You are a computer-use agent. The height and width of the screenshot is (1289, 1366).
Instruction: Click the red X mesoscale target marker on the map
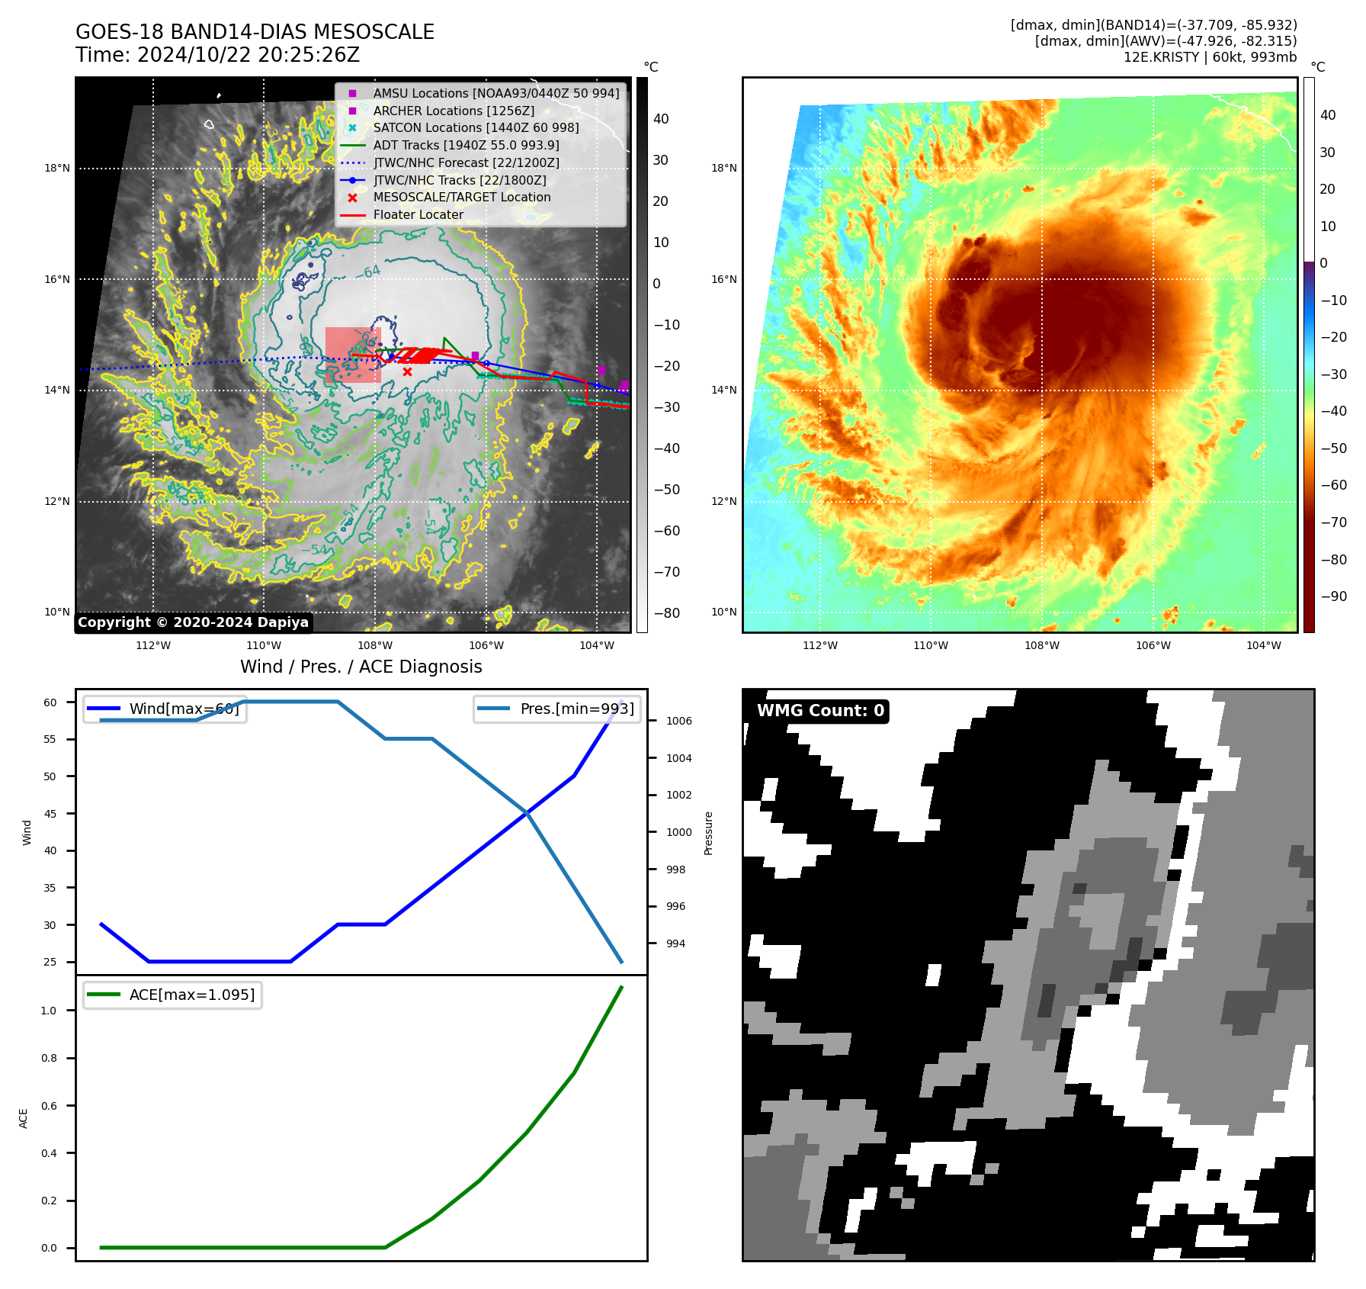click(x=407, y=372)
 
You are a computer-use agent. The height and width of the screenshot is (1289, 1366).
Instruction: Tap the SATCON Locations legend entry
click(x=476, y=127)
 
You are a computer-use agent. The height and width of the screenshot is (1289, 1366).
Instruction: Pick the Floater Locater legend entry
click(x=418, y=214)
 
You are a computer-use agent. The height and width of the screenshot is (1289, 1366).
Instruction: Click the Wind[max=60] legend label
click(x=184, y=709)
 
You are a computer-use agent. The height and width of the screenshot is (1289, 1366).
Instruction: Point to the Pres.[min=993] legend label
click(x=576, y=709)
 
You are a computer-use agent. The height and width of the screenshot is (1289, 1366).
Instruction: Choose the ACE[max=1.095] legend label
click(x=191, y=995)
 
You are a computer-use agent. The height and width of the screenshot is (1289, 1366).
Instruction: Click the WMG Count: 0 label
click(x=820, y=711)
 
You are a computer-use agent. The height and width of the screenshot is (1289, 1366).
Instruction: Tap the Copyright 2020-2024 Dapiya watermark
click(x=193, y=622)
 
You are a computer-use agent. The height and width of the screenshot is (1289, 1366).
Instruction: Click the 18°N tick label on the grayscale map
click(x=57, y=168)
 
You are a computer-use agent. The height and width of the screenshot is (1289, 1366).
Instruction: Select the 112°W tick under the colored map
click(x=820, y=645)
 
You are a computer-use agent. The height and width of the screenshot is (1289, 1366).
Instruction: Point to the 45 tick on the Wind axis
click(x=50, y=813)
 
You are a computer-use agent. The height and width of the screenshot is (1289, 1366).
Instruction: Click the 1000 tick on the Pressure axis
click(x=678, y=832)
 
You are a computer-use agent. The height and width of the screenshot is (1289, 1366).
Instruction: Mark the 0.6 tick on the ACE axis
click(x=49, y=1106)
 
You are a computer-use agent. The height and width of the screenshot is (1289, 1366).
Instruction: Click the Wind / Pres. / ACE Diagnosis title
click(x=361, y=667)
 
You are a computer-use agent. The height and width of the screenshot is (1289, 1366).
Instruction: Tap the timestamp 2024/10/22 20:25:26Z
click(x=248, y=55)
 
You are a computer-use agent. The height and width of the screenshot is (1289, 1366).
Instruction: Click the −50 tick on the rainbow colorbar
click(x=1333, y=448)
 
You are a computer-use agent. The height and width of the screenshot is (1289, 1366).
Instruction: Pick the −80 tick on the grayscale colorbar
click(x=666, y=613)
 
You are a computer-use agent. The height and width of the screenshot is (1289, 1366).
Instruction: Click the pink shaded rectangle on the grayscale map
click(x=352, y=355)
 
